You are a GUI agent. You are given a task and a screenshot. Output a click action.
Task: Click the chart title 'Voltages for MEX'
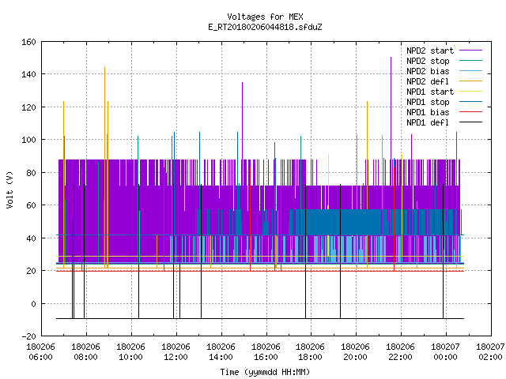click(x=265, y=17)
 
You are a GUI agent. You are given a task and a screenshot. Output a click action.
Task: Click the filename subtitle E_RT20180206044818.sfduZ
click(x=265, y=27)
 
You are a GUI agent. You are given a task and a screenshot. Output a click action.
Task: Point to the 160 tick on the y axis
click(x=28, y=42)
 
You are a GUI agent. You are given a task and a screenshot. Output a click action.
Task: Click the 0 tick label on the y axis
click(x=33, y=303)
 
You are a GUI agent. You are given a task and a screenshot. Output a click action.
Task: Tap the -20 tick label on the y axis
click(x=28, y=336)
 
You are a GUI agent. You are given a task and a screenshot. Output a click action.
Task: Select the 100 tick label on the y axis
click(x=28, y=140)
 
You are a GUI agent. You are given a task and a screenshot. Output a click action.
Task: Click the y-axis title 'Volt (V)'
click(x=9, y=189)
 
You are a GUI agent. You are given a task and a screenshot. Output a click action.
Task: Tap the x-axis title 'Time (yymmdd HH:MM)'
click(x=265, y=372)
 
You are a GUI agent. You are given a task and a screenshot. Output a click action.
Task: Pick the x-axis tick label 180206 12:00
click(x=176, y=352)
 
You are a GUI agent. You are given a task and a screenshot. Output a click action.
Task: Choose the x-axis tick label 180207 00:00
click(x=445, y=352)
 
